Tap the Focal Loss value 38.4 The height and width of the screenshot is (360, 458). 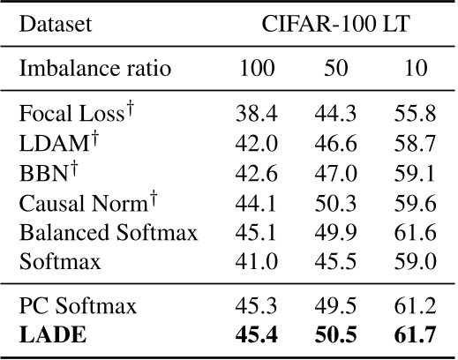pos(255,113)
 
